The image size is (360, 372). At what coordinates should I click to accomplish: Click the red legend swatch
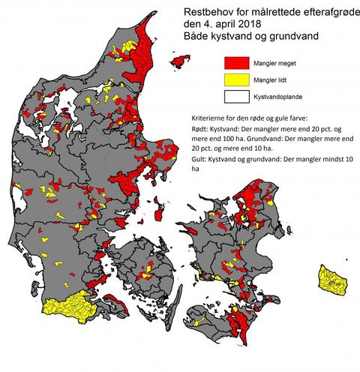click(236, 63)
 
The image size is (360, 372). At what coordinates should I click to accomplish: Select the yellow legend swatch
click(236, 79)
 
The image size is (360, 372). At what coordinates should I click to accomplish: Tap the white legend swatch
click(236, 96)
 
